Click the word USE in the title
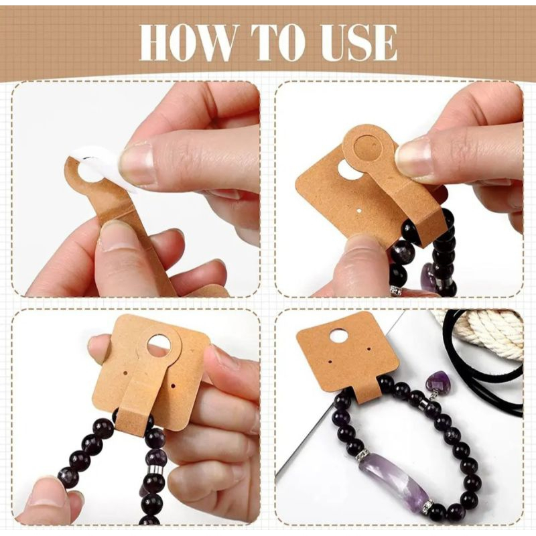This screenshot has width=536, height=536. pos(358,44)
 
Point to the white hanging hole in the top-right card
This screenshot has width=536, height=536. pos(348,170)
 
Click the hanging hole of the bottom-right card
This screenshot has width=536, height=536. pos(338,336)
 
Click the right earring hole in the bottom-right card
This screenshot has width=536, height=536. pos(369,349)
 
